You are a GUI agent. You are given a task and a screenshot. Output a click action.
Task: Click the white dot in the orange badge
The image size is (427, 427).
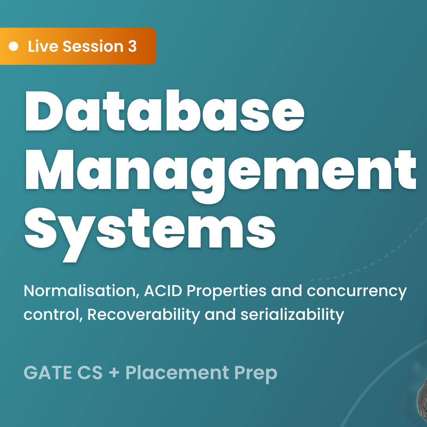pos(13,46)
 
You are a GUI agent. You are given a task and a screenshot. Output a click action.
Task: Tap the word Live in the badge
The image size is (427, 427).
pos(43,46)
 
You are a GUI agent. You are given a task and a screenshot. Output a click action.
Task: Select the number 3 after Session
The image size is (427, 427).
pos(132,46)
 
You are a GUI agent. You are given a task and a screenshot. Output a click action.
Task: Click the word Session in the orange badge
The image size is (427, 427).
pos(93,46)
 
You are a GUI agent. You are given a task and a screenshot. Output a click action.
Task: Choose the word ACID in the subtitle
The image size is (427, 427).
pos(163,291)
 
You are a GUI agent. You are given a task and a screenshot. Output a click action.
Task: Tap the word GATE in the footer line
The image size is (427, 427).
pos(48,372)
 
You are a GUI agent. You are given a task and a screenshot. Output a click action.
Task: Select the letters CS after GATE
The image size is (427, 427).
pos(90,372)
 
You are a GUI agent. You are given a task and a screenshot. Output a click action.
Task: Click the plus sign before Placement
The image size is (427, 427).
pos(114,373)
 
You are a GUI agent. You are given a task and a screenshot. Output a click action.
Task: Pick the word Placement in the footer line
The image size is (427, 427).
pos(177,372)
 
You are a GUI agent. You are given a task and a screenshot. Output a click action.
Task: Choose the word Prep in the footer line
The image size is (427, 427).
pos(256,374)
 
